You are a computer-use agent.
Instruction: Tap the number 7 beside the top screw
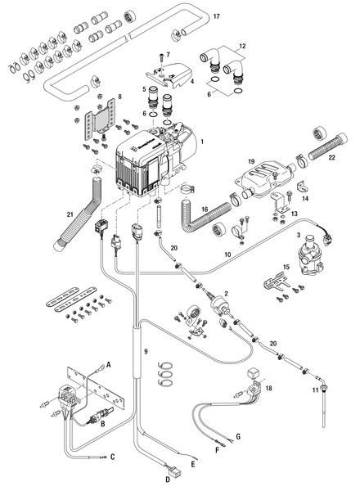point(169,55)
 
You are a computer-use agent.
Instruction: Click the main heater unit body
point(155,160)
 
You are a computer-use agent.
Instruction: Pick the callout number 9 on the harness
point(146,351)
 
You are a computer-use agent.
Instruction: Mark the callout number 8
point(120,97)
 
